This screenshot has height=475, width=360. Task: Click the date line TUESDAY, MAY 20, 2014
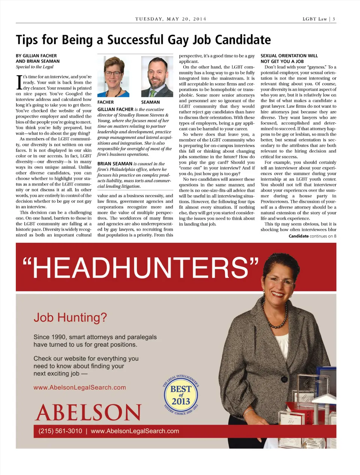tap(171, 19)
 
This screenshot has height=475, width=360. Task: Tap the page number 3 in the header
tap(334, 19)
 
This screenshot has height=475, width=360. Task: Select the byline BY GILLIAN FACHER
tap(36, 56)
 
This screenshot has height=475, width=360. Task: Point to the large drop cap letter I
tap(19, 82)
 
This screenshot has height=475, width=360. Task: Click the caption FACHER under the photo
tap(105, 102)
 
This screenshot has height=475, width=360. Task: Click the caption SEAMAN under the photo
tap(150, 102)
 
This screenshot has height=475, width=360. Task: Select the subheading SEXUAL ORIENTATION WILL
tap(289, 56)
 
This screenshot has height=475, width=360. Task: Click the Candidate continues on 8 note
tap(312, 236)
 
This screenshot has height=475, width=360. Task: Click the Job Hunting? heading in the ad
tap(70, 317)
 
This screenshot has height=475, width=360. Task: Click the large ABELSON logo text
tap(88, 412)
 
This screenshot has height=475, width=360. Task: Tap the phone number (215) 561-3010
tap(60, 431)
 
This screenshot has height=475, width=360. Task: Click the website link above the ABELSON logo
tap(79, 388)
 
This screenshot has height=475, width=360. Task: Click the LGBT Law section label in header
tap(315, 19)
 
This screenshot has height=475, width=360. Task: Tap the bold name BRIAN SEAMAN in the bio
tap(115, 164)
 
